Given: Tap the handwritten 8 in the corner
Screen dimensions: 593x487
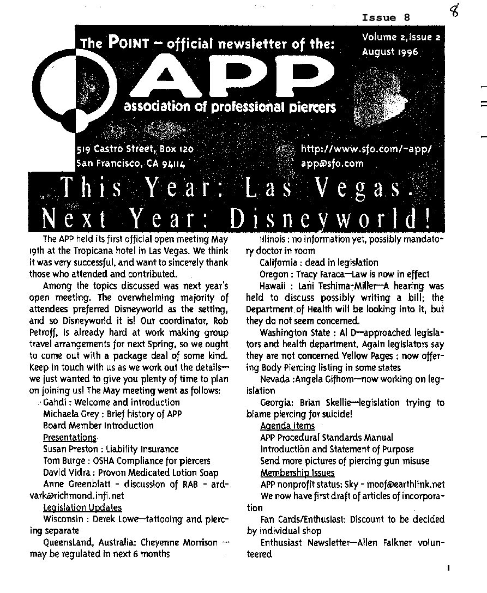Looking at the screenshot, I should (x=454, y=11).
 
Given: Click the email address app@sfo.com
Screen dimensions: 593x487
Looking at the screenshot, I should (x=332, y=162).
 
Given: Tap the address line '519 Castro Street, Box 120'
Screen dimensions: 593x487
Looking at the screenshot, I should (x=135, y=149).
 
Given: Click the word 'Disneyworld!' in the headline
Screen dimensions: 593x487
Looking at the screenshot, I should (x=330, y=219).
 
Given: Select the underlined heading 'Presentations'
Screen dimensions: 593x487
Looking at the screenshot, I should (x=69, y=437).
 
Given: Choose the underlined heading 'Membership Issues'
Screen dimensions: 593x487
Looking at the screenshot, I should (x=297, y=473).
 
